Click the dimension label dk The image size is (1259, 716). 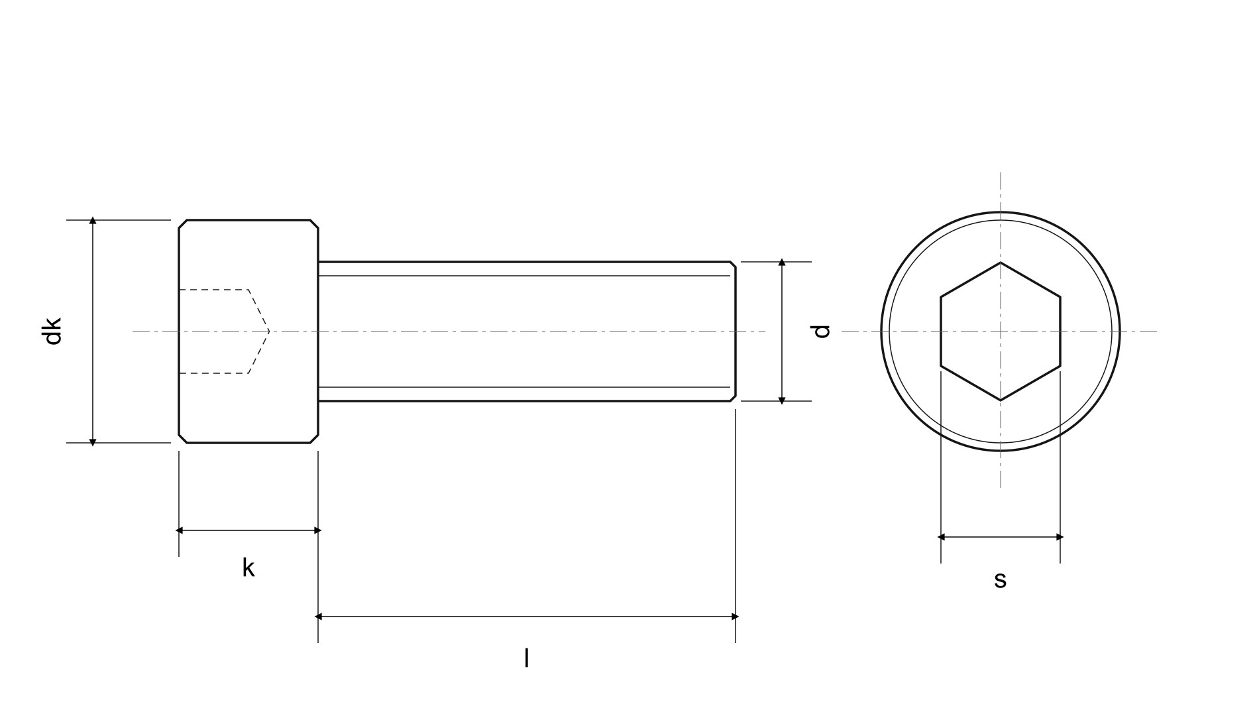click(52, 331)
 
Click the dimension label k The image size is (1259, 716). click(248, 568)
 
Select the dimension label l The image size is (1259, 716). click(527, 658)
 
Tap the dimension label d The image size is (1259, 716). click(821, 331)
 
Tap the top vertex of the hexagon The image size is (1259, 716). click(1001, 263)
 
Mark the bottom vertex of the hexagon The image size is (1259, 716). click(1001, 400)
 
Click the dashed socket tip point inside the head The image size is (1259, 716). click(269, 331)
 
